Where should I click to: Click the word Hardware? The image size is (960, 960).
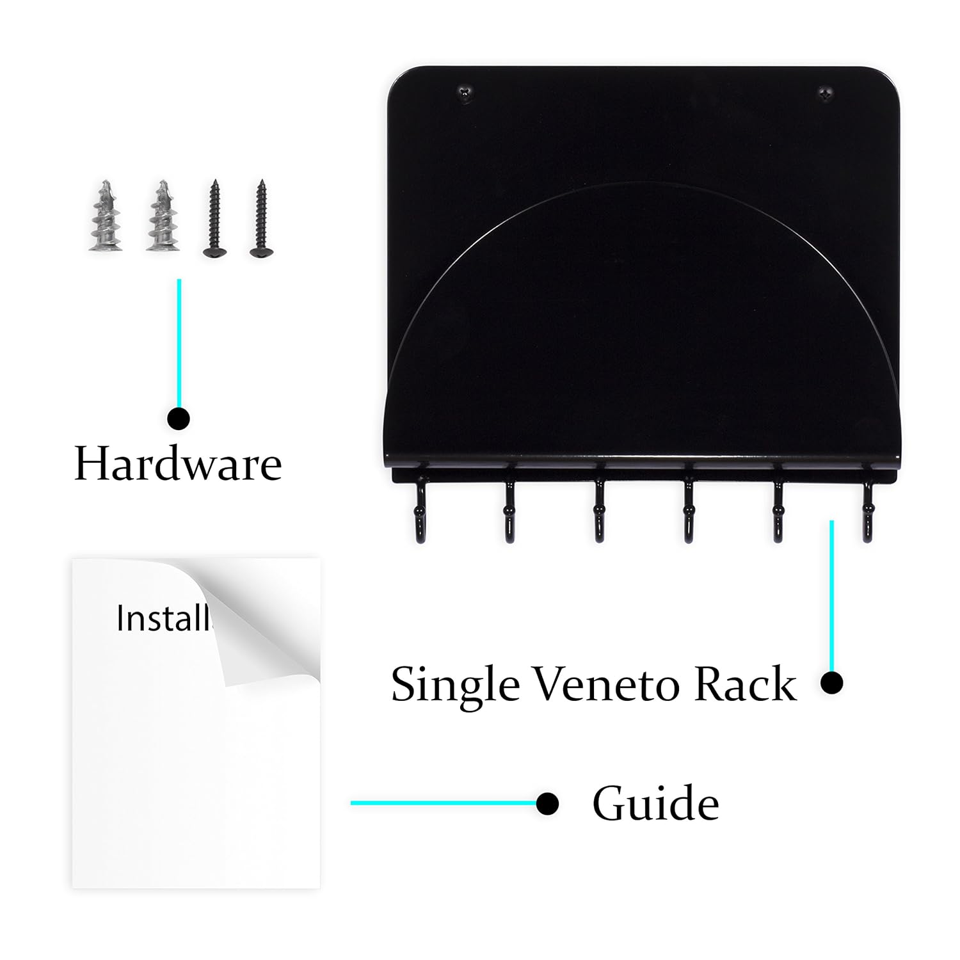[178, 463]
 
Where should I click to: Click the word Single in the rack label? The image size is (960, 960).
[455, 685]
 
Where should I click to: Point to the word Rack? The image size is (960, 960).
[745, 684]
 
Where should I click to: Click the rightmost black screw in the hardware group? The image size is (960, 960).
[261, 219]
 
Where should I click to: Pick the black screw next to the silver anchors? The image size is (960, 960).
[214, 219]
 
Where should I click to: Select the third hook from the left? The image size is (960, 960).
[599, 512]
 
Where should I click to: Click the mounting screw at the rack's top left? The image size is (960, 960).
[465, 93]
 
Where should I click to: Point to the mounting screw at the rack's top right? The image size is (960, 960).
[826, 93]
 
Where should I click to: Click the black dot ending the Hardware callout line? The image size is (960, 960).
[179, 419]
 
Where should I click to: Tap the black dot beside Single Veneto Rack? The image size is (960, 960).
[831, 683]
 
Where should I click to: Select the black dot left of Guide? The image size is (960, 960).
[547, 803]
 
